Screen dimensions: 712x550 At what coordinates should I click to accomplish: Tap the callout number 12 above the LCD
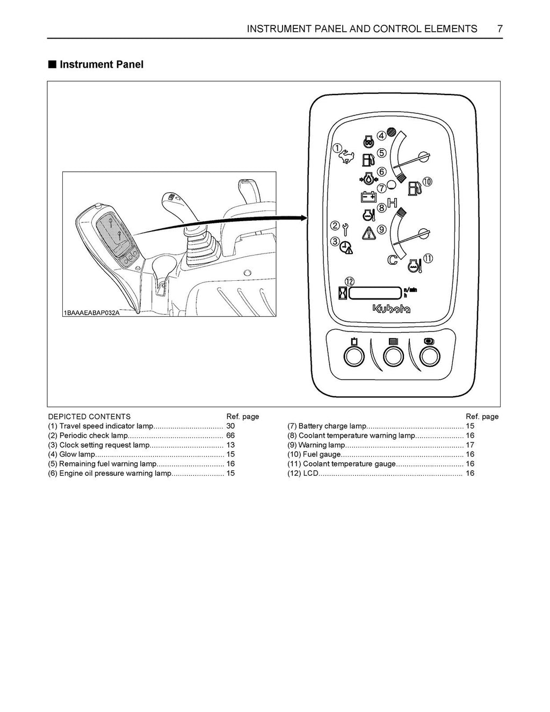[350, 281]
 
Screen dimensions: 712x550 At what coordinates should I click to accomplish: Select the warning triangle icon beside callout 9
[368, 233]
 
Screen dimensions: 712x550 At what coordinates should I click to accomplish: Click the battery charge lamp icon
[368, 197]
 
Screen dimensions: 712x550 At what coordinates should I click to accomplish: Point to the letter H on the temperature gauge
[392, 203]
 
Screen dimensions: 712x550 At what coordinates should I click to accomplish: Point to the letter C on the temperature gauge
[393, 260]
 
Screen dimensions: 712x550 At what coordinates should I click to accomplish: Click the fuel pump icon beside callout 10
[414, 187]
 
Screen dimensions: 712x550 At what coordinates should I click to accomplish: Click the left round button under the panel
[353, 357]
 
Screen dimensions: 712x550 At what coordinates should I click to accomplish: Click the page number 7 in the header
[499, 29]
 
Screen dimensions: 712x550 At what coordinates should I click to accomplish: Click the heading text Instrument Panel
[101, 64]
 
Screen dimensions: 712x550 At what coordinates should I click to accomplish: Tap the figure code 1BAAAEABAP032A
[91, 313]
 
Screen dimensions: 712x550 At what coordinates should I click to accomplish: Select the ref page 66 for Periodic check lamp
[230, 435]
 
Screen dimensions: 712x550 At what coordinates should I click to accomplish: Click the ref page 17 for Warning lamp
[470, 445]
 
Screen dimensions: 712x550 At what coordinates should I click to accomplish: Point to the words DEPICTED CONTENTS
[89, 417]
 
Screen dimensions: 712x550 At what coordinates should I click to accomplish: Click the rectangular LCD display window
[375, 293]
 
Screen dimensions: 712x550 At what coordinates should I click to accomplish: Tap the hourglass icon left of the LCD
[342, 293]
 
